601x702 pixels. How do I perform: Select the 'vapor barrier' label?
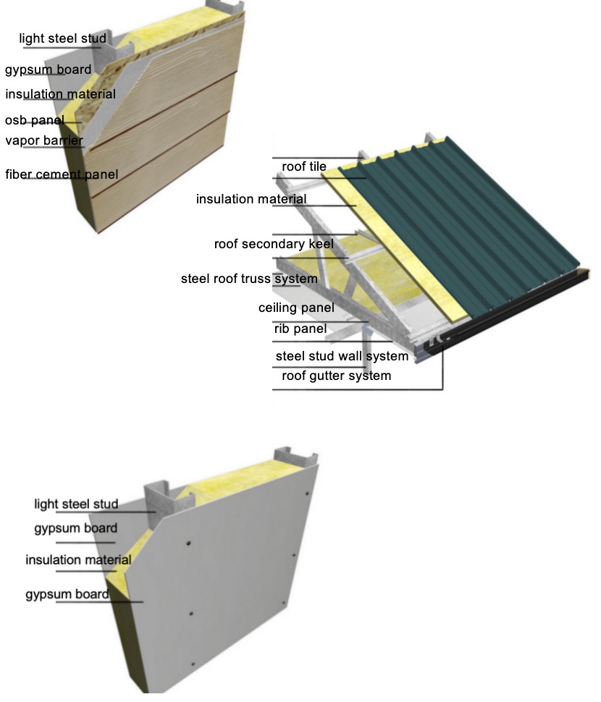coord(43,140)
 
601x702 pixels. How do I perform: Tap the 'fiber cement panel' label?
coord(62,174)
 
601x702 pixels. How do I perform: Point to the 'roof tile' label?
coord(303,167)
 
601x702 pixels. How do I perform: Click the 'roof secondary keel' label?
coord(274,244)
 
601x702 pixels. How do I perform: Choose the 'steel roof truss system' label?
coord(249,279)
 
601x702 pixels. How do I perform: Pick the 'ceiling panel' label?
coord(296,308)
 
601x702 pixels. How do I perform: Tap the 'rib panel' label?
coord(300,329)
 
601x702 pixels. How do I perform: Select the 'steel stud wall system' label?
coord(342,356)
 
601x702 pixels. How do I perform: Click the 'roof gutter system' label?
coord(336,376)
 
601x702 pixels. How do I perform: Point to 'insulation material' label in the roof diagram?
coord(251,199)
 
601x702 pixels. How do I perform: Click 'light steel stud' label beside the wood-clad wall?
coord(62,38)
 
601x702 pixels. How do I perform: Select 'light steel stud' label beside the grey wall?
coord(76,504)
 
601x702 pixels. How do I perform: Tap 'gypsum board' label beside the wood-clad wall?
coord(48,70)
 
